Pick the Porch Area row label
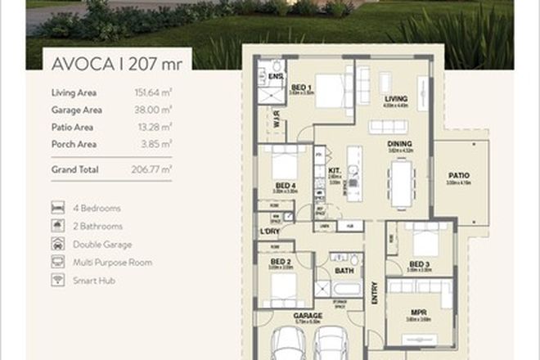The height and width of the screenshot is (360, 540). point(73,144)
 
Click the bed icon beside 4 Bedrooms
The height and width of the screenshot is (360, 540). point(57,208)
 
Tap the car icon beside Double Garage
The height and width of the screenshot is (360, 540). point(57,244)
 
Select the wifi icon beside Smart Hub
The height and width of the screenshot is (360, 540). point(57,280)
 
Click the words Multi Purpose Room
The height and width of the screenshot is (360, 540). point(112,263)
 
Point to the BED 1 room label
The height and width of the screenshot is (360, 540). point(300,87)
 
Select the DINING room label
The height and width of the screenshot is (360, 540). point(399,144)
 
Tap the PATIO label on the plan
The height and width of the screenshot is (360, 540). point(458,174)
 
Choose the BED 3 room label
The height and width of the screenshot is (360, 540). point(420,264)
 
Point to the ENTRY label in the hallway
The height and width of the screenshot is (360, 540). point(375,292)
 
